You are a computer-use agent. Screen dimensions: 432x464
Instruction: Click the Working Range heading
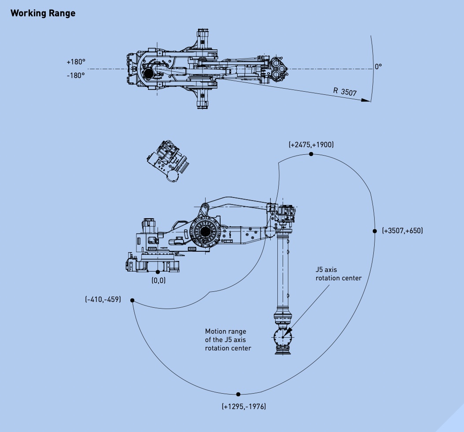43,13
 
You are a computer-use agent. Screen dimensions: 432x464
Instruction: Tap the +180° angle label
75,62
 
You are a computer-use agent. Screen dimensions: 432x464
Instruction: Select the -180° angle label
76,75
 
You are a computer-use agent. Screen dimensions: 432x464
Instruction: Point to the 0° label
378,67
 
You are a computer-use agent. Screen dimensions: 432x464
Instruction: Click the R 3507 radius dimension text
345,91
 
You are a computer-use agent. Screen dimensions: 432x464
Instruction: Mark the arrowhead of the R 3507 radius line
365,100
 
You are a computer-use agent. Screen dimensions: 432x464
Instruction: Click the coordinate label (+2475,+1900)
311,144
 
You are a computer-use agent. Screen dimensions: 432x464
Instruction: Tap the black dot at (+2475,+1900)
311,154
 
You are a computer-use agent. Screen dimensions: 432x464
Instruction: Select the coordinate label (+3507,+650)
402,231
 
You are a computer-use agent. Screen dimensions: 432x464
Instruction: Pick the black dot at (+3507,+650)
375,231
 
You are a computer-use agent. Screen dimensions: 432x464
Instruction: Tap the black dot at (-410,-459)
132,301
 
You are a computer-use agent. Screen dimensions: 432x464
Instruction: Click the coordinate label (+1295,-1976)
244,406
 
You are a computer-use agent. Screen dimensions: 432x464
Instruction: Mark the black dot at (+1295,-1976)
238,394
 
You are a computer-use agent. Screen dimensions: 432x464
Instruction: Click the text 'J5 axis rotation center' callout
339,273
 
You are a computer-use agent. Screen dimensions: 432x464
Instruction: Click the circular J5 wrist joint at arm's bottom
283,338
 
